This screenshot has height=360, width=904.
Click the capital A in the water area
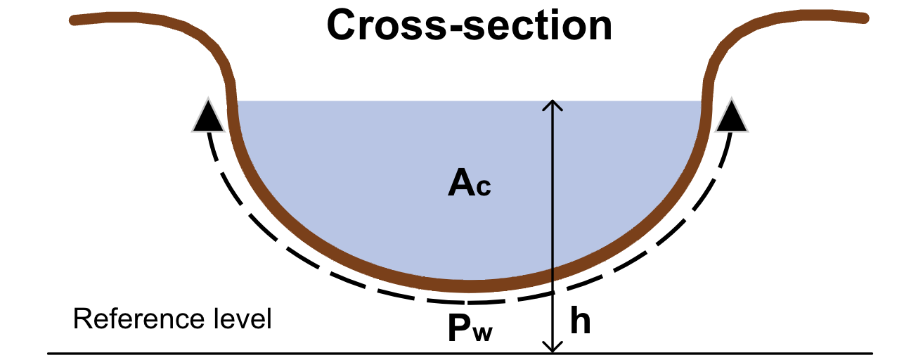pos(461,184)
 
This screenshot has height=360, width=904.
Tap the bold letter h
pos(580,321)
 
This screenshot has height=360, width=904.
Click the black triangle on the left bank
pos(208,117)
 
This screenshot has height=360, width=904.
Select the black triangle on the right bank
pos(732,117)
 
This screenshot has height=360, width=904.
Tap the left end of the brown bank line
pos(75,20)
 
